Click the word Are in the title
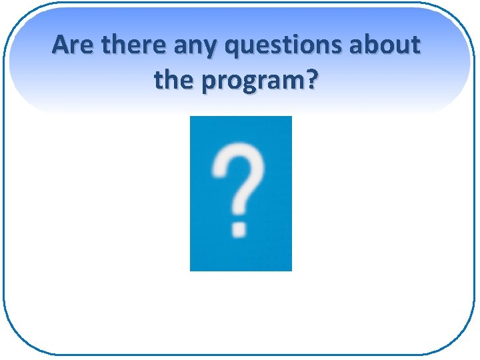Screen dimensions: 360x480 pos(71,45)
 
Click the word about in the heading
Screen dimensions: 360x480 pos(387,45)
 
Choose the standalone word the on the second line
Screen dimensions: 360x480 pos(173,81)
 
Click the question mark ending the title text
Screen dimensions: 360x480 pos(311,81)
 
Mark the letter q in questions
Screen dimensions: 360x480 pos(233,49)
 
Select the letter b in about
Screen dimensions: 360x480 pos(375,45)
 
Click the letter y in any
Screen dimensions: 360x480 pos(212,50)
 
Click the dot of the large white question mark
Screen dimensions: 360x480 pos(239,229)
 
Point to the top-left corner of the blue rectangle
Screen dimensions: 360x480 pos(191,117)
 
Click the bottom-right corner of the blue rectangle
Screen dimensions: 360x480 pos(291,270)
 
